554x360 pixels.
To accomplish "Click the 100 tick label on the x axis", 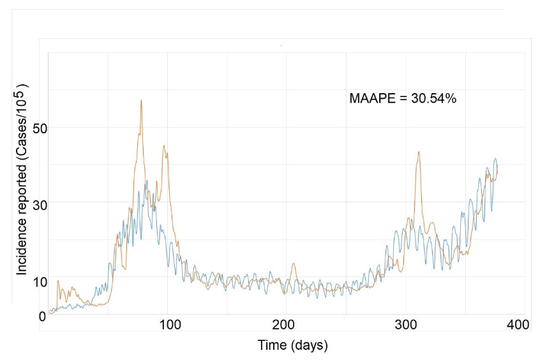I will (x=170, y=325).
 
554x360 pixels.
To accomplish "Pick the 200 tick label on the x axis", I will (x=287, y=325).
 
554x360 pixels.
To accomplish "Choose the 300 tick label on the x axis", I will (x=407, y=325).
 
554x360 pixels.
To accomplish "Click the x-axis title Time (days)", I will (x=292, y=346).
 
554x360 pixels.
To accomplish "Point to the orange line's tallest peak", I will (x=141, y=100).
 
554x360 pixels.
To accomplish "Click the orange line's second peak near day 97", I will (x=164, y=146).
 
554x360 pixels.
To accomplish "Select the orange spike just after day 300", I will (x=419, y=152).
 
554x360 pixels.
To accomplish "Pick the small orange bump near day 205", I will (x=294, y=264).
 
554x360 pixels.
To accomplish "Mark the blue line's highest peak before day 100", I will (x=147, y=181).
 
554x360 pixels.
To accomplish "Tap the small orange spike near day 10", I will (x=58, y=281).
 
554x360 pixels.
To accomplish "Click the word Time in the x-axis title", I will (x=271, y=346).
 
